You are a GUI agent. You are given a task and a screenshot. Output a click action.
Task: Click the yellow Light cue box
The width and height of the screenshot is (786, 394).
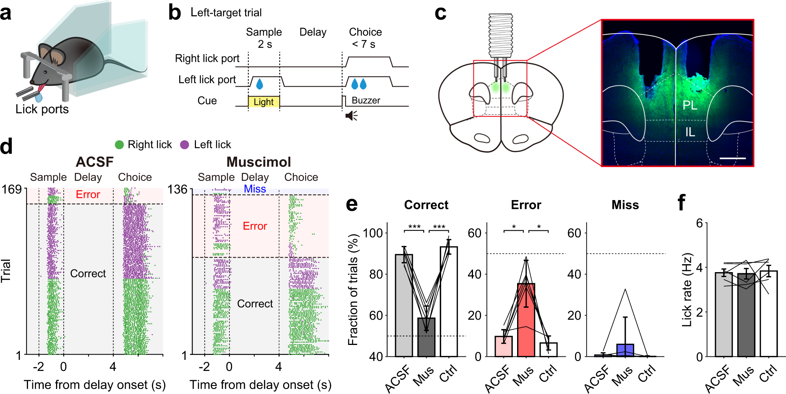[x=264, y=102]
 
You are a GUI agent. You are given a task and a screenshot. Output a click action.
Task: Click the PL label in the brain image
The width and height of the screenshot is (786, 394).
[x=690, y=105]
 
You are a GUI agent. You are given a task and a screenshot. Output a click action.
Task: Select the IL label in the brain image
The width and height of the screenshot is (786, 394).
[x=690, y=132]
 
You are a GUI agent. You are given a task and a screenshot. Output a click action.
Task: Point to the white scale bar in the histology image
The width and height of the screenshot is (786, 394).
[x=732, y=158]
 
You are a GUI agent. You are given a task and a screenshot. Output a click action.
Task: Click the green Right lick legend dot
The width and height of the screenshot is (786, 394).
[x=119, y=144]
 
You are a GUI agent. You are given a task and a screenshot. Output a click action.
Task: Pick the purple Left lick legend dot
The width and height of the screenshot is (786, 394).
[x=185, y=144]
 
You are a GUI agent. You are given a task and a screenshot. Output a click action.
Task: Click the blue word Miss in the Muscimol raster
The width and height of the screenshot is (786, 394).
[x=255, y=189]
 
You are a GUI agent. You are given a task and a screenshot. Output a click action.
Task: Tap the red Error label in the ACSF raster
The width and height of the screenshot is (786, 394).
[x=88, y=194]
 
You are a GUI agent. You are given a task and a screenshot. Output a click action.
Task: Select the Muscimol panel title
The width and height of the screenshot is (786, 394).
[x=259, y=162]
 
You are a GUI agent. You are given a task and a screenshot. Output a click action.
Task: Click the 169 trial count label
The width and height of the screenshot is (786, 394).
[x=12, y=189]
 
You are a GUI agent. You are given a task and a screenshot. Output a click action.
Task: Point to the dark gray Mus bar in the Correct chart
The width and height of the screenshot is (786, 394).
[x=426, y=337]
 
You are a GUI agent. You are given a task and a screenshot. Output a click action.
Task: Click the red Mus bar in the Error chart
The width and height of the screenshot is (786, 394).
[x=526, y=320]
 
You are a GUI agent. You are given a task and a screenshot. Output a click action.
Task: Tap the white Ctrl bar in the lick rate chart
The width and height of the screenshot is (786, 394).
[x=768, y=314]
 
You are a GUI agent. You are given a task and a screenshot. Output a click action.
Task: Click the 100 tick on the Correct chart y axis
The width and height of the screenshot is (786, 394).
[x=373, y=233]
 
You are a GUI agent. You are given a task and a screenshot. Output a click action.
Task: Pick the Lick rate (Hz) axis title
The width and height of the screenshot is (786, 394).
[x=687, y=290]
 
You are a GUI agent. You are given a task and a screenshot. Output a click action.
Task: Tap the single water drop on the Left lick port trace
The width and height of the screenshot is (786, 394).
[x=260, y=84]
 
